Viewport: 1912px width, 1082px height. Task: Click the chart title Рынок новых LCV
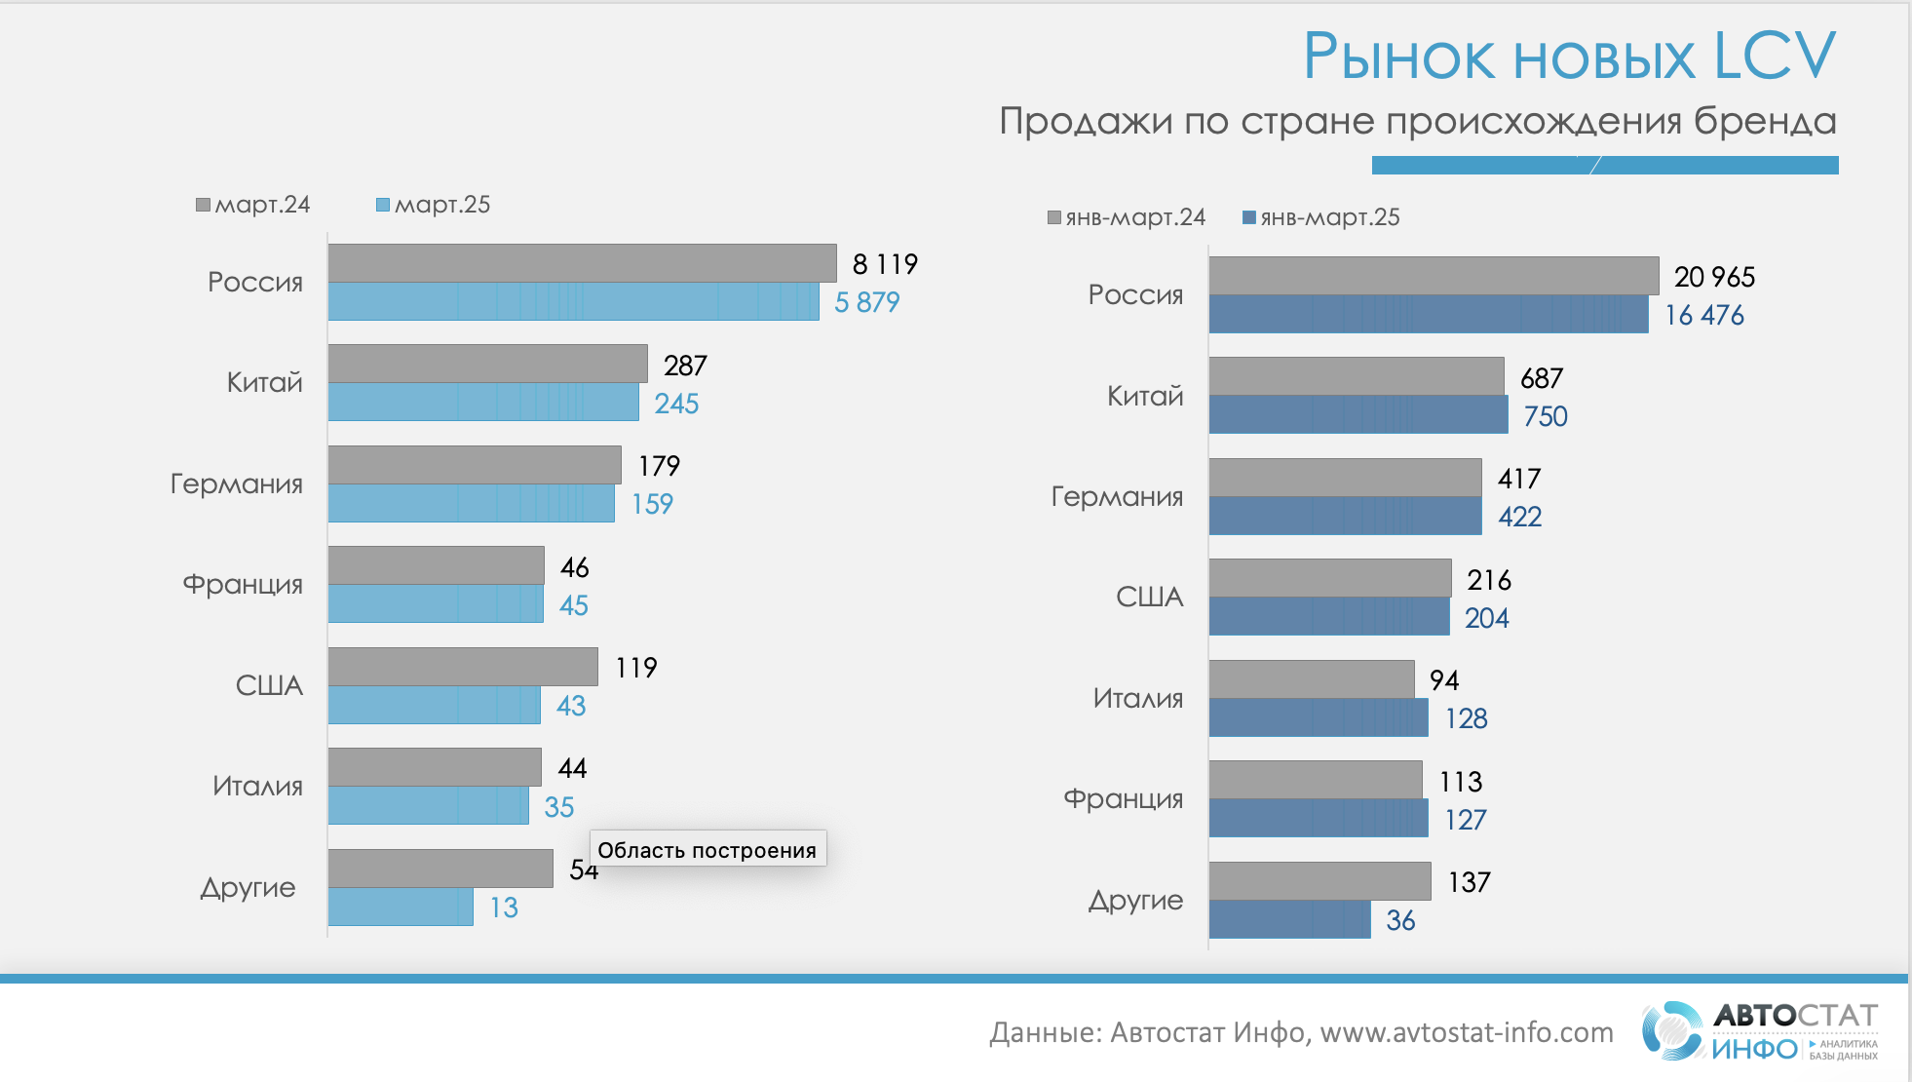pyautogui.click(x=1569, y=56)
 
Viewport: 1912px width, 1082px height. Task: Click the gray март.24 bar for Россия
pyautogui.click(x=582, y=263)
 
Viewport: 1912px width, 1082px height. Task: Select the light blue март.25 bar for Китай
pyautogui.click(x=483, y=402)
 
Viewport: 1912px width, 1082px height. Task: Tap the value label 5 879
pyautogui.click(x=866, y=302)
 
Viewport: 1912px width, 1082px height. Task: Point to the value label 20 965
pyautogui.click(x=1714, y=277)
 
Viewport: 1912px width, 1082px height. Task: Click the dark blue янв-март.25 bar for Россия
pyautogui.click(x=1429, y=315)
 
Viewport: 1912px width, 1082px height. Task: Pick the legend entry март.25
pyautogui.click(x=434, y=205)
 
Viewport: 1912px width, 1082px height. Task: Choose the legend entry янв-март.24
pyautogui.click(x=1127, y=217)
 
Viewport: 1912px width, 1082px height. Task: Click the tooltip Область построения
pyautogui.click(x=707, y=849)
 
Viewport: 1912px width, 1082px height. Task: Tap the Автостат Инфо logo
pyautogui.click(x=1760, y=1031)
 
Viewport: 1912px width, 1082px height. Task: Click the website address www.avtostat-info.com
pyautogui.click(x=1467, y=1032)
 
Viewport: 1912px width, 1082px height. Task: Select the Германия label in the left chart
pyautogui.click(x=237, y=483)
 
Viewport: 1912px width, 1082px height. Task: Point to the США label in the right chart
pyautogui.click(x=1149, y=597)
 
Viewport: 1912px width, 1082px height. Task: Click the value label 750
pyautogui.click(x=1546, y=416)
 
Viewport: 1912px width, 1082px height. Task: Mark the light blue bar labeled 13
pyautogui.click(x=401, y=907)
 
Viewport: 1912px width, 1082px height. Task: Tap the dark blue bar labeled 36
pyautogui.click(x=1289, y=919)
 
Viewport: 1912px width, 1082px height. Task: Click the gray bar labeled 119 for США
pyautogui.click(x=463, y=667)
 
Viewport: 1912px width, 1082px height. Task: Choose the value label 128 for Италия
pyautogui.click(x=1466, y=718)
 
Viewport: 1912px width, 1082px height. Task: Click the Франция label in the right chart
pyautogui.click(x=1123, y=799)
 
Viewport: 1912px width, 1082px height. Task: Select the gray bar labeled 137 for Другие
pyautogui.click(x=1319, y=881)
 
